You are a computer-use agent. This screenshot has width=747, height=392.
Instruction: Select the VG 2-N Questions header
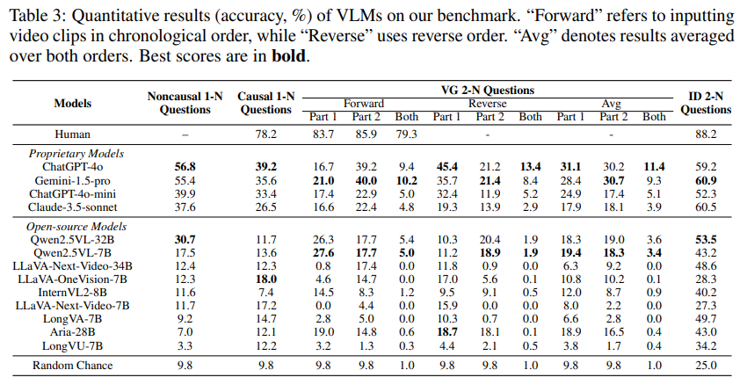tap(488, 90)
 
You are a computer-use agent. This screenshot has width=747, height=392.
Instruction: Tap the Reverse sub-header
tap(487, 103)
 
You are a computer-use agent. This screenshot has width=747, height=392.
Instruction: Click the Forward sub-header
tap(364, 103)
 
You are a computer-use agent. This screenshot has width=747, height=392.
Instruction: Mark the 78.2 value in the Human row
tap(265, 134)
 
